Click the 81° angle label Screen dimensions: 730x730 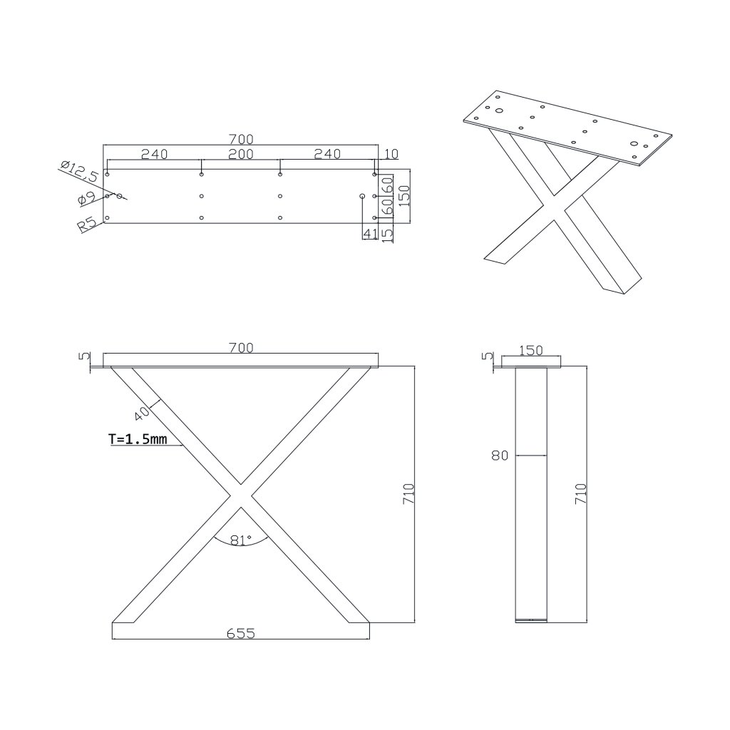tap(241, 540)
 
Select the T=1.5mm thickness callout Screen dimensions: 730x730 tap(138, 438)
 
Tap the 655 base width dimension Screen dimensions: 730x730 tap(241, 633)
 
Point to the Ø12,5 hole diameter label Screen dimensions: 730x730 tap(80, 170)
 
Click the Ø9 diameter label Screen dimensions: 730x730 tap(86, 199)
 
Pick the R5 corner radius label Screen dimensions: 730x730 tap(87, 225)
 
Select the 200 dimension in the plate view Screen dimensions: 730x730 tap(241, 154)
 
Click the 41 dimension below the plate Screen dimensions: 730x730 tap(370, 233)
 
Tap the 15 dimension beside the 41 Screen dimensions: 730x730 tap(387, 233)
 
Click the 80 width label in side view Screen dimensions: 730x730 tap(500, 456)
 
